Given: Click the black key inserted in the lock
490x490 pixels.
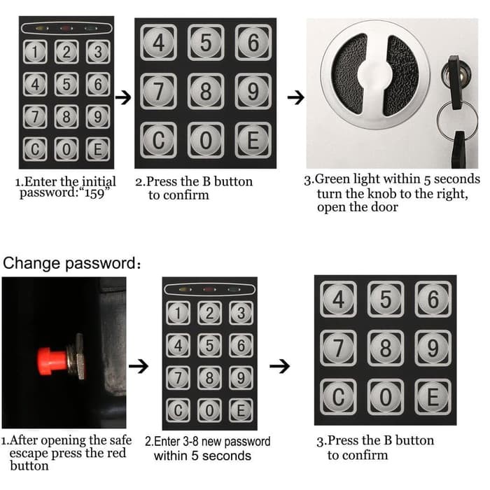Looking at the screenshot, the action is pyautogui.click(x=455, y=82).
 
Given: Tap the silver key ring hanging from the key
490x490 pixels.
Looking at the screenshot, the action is pyautogui.click(x=457, y=120).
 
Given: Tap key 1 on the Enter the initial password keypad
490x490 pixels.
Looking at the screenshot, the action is pyautogui.click(x=35, y=52).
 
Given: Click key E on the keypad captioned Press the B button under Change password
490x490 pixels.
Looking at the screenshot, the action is pyautogui.click(x=433, y=397).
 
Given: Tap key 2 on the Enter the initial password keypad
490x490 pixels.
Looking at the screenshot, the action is pyautogui.click(x=66, y=52).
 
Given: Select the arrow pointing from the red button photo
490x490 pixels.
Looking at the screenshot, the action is pyautogui.click(x=139, y=366).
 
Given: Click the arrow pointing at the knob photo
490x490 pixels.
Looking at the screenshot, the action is pyautogui.click(x=295, y=97).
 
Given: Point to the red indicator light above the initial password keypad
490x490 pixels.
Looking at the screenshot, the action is pyautogui.click(x=66, y=29).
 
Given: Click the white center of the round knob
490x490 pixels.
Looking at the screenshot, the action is pyautogui.click(x=374, y=75).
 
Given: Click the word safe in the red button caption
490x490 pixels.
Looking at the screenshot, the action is pyautogui.click(x=120, y=440).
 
